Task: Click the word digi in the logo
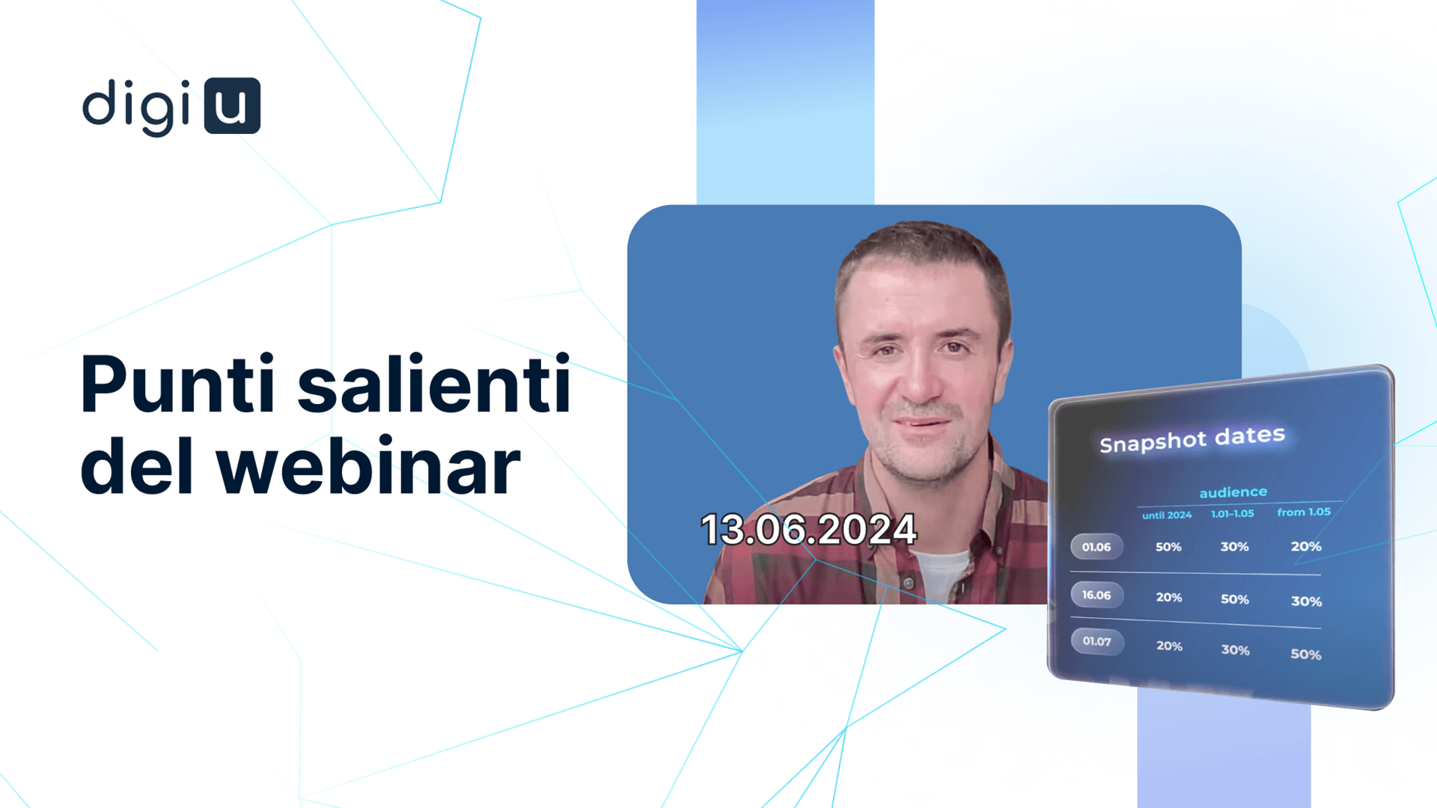136,107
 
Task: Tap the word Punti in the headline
178,385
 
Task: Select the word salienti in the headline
435,385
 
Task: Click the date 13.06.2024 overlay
808,530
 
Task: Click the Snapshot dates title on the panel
1192,439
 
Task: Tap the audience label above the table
1233,492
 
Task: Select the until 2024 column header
1167,515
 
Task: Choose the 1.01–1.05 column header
1233,513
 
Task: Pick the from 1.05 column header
1304,512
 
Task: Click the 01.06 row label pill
1096,547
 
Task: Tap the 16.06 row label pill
1096,595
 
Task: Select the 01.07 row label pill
1097,641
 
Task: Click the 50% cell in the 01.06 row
1168,547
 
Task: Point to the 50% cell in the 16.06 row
1235,599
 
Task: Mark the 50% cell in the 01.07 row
1306,654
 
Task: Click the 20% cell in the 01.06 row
1306,546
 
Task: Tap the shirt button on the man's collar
908,583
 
